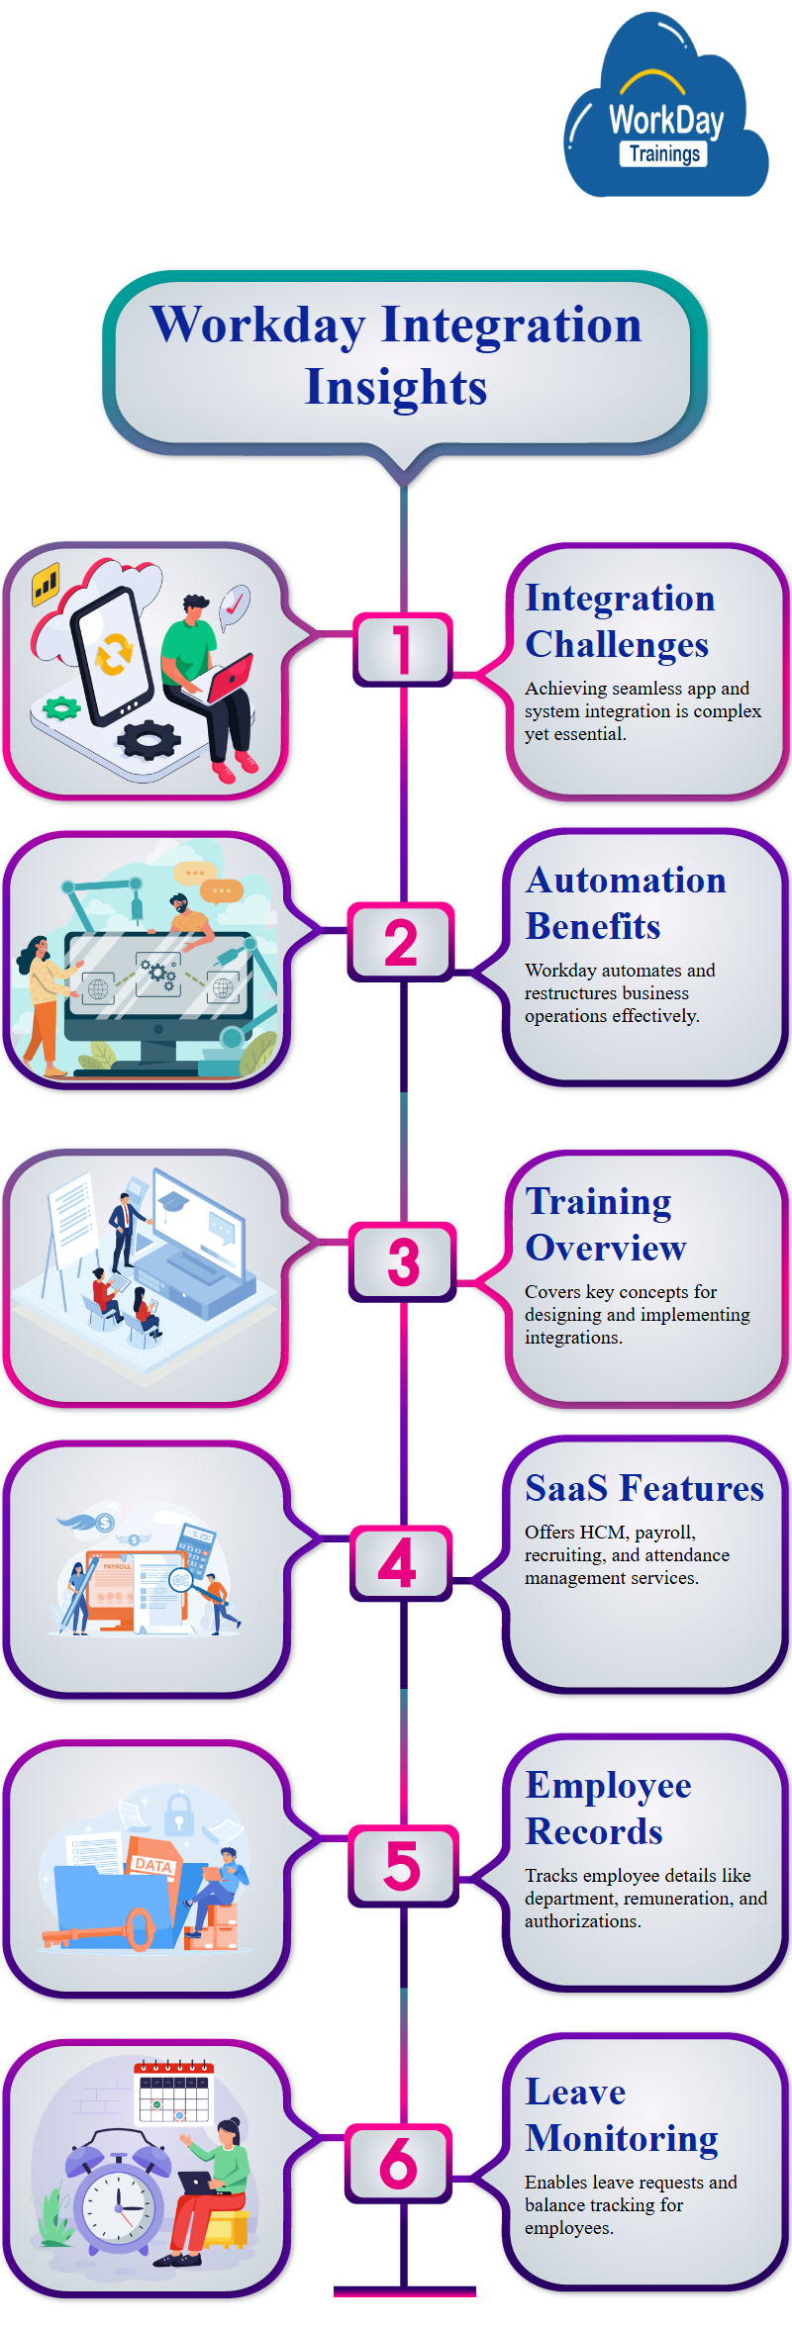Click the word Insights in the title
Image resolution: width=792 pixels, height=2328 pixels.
(x=396, y=387)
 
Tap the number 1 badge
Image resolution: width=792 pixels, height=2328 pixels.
(x=402, y=650)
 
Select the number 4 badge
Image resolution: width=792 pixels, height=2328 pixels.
(x=399, y=1564)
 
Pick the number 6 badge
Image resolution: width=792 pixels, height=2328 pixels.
(x=399, y=2164)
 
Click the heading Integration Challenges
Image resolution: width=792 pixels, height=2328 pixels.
(x=619, y=620)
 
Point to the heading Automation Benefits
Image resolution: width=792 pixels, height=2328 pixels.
(x=625, y=902)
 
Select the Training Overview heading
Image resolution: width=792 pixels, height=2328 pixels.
(x=605, y=1224)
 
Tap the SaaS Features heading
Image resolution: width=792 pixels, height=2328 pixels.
(x=644, y=1488)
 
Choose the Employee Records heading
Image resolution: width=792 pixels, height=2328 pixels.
(x=608, y=1808)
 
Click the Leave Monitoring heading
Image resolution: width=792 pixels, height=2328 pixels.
(x=622, y=2114)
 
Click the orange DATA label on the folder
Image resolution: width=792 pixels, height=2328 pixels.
(x=153, y=1864)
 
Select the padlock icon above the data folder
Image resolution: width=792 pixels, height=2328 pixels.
(x=178, y=1813)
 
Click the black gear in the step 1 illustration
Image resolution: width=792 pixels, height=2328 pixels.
(x=148, y=738)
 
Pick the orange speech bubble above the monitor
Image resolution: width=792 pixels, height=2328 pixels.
(x=221, y=890)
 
